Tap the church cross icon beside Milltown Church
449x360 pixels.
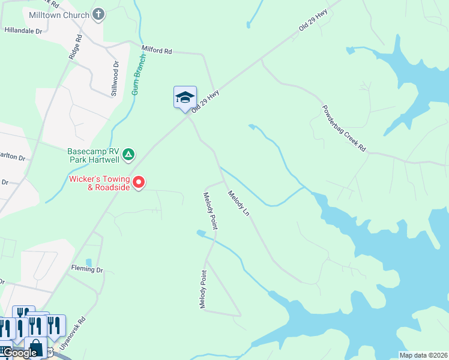[x=99, y=14]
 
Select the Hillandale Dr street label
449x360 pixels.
[x=23, y=29]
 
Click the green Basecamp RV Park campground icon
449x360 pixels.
[x=128, y=155]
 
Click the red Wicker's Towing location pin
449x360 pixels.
[x=139, y=182]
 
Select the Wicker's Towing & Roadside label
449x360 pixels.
[x=100, y=183]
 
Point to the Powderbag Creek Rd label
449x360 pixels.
[x=344, y=130]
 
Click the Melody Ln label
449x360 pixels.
[x=238, y=203]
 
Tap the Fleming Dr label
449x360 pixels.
[x=87, y=269]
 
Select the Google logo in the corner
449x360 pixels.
[x=20, y=353]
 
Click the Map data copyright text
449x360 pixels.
[x=423, y=355]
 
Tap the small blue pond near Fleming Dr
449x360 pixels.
[x=89, y=262]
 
